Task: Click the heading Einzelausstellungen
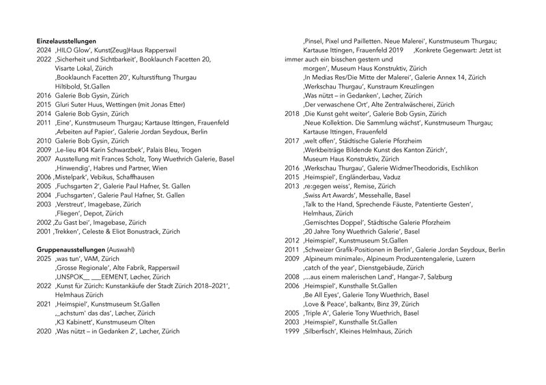tap(66, 42)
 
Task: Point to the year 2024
tap(44, 50)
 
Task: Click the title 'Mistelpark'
tap(74, 175)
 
